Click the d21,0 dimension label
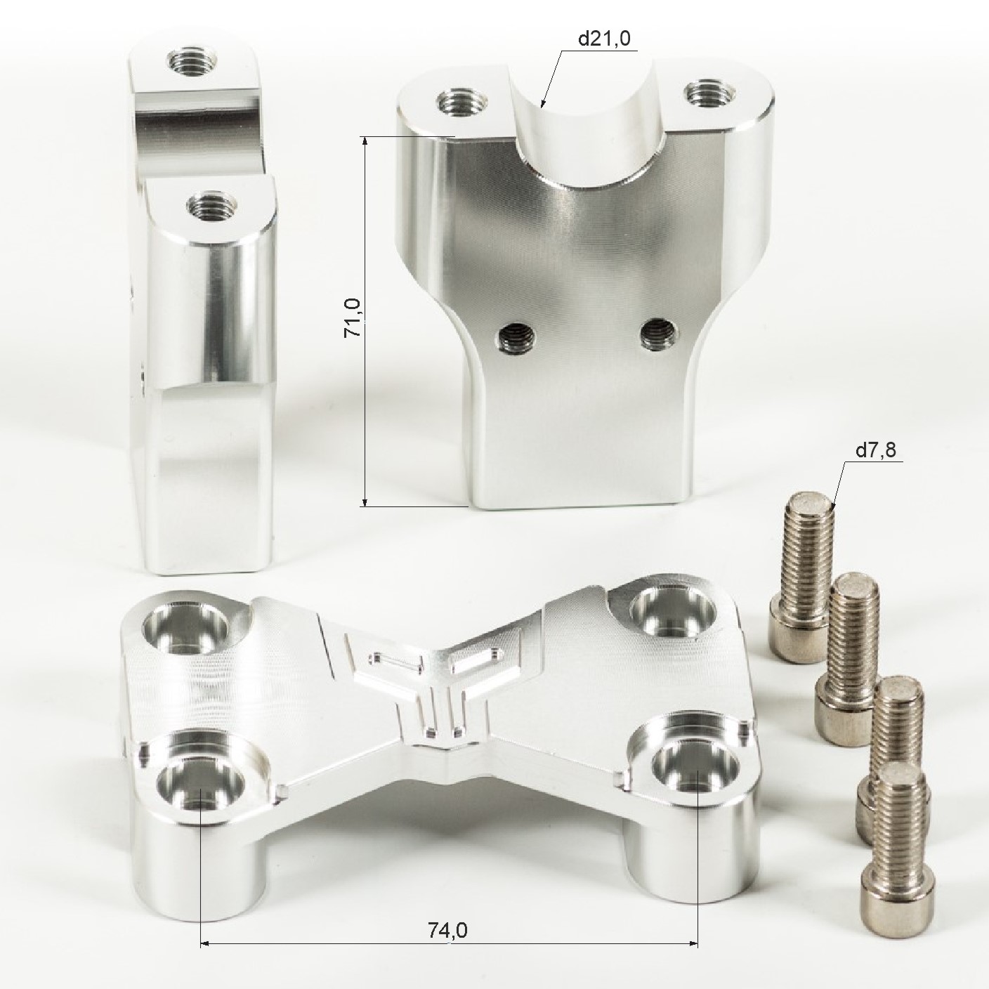(x=604, y=39)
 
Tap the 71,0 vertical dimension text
(x=353, y=318)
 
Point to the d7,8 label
(x=876, y=450)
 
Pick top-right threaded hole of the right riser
(x=710, y=93)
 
